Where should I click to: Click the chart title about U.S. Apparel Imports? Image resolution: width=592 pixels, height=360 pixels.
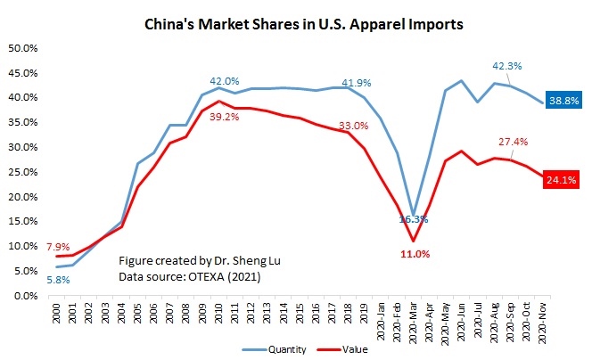[304, 24]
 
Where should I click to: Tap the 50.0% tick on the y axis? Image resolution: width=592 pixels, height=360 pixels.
[24, 47]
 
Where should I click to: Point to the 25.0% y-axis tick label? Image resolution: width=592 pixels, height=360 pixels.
[24, 171]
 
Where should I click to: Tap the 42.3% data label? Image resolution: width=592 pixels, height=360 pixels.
[506, 65]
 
